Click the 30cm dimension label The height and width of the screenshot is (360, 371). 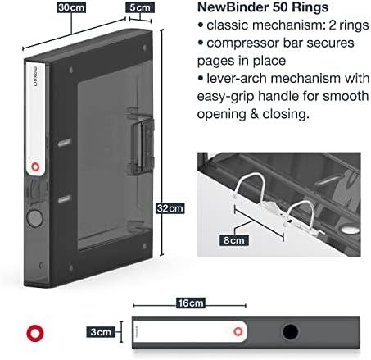point(71,7)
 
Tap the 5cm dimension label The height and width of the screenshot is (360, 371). point(140,7)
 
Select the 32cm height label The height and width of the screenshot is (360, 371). point(170,208)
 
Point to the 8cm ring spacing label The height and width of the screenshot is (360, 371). point(234,240)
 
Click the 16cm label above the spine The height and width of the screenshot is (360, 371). point(191,303)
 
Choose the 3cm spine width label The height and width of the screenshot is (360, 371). point(101,332)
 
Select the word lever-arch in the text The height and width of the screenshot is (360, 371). point(237,79)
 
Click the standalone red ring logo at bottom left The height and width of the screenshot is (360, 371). point(35,333)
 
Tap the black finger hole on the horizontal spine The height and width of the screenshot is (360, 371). point(290,332)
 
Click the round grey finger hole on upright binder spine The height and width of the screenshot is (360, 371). point(35,218)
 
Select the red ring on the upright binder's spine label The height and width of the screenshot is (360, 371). point(35,166)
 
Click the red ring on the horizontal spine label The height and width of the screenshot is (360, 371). point(238,331)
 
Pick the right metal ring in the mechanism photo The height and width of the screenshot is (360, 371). point(301,203)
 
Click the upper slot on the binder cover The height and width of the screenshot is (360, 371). point(65,143)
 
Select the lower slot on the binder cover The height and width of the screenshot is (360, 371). point(65,198)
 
